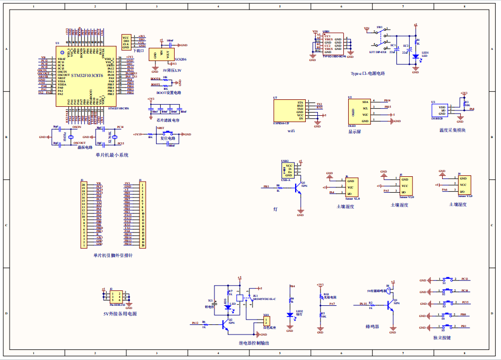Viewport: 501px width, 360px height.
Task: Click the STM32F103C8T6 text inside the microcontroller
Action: (84, 76)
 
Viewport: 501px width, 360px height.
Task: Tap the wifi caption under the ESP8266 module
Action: (291, 130)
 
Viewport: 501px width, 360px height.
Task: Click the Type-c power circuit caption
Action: (368, 74)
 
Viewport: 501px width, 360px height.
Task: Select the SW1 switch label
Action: (379, 27)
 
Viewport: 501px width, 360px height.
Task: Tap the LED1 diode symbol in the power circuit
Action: (416, 55)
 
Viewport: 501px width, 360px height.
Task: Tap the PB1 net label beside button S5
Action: (463, 326)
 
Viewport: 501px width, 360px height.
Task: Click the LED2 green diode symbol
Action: (290, 314)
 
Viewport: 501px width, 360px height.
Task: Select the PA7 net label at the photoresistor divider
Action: (332, 304)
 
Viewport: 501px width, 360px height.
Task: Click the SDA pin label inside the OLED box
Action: (365, 101)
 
